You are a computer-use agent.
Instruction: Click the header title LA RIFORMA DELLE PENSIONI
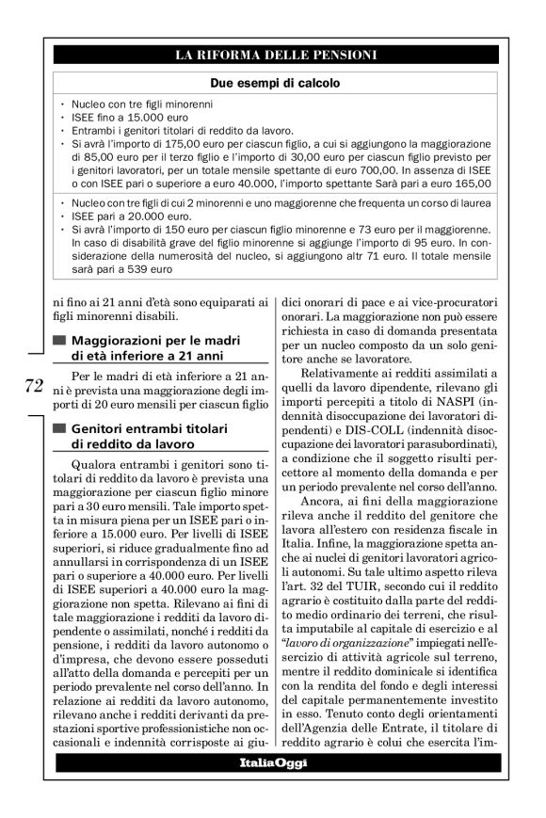(x=274, y=55)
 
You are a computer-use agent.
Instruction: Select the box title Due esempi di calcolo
(x=274, y=83)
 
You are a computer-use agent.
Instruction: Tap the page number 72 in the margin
(x=34, y=385)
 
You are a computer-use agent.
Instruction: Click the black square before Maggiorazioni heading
(x=60, y=339)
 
